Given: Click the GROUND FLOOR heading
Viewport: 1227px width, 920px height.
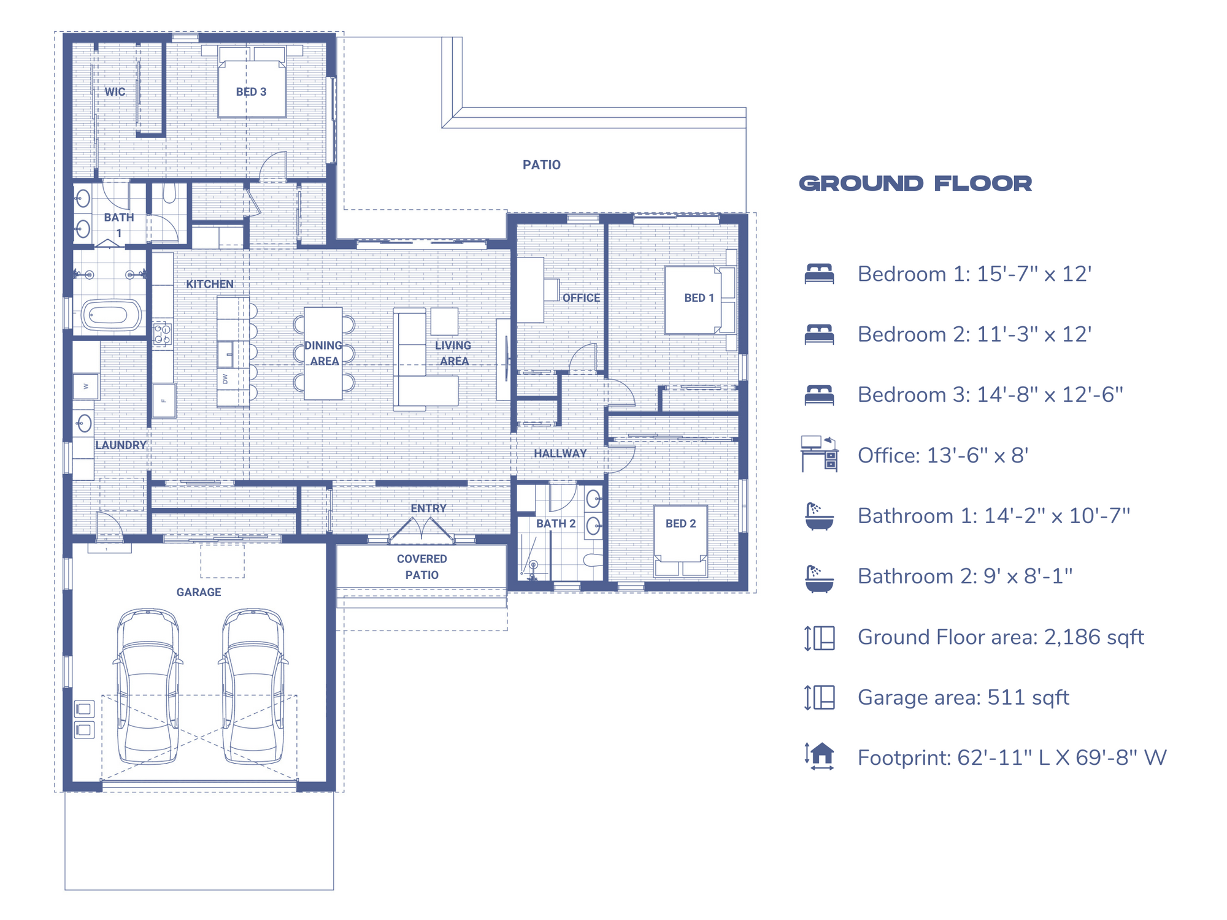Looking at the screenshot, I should [x=915, y=183].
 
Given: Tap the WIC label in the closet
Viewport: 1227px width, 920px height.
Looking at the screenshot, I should [x=115, y=92].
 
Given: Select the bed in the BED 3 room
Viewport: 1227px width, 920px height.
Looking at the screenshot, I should [x=252, y=86].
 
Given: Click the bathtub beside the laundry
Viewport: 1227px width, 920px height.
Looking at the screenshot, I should [x=110, y=315].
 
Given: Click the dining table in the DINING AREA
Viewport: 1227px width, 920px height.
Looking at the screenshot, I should [x=323, y=353].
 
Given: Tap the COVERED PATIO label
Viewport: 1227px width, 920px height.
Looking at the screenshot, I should [x=421, y=567].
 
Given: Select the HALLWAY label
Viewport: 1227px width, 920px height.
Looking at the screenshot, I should [x=560, y=453].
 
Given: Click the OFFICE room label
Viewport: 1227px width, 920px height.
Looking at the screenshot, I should [x=581, y=298].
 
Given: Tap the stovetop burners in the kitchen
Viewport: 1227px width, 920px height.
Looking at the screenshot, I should [x=163, y=334].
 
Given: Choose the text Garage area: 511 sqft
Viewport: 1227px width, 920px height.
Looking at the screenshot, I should [x=963, y=697].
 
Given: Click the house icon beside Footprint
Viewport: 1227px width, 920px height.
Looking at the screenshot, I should [x=820, y=756].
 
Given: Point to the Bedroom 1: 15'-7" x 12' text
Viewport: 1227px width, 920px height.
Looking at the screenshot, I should [x=974, y=274].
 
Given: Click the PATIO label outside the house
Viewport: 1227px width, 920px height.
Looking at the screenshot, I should [x=541, y=165].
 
